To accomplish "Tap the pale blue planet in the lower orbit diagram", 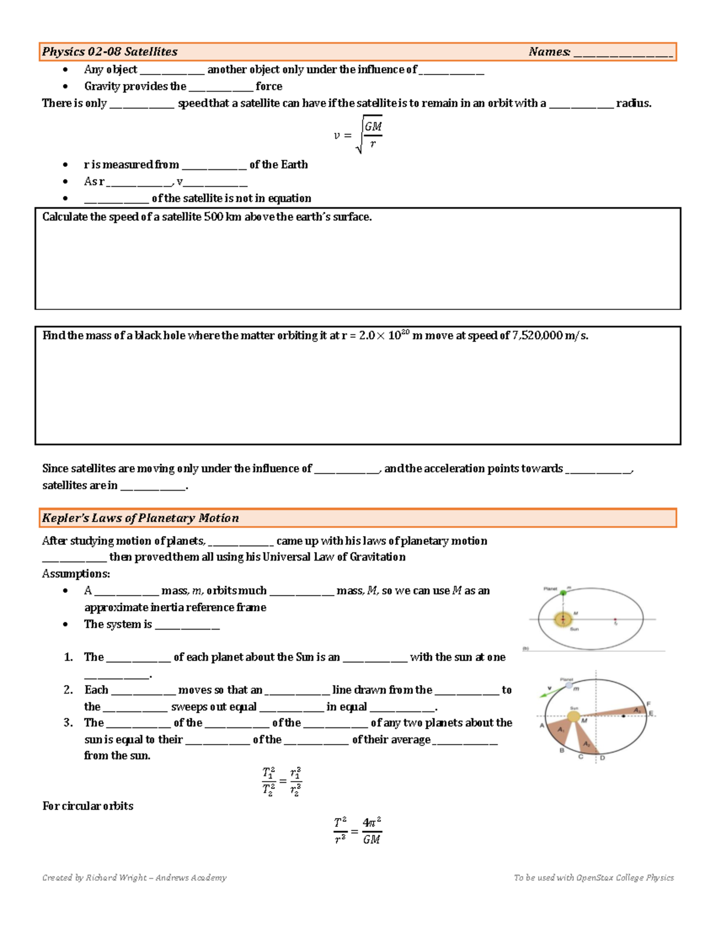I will pos(569,686).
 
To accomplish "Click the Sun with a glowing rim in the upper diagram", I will pos(562,620).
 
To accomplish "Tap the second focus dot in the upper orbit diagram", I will pos(616,620).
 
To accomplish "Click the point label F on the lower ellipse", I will pos(649,704).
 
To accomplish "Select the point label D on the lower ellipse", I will pos(602,758).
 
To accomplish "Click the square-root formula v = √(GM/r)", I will pos(358,135).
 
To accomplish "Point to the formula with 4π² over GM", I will pos(357,831).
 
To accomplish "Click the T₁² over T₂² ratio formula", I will pos(282,781).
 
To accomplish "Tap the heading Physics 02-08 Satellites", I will pos(110,52).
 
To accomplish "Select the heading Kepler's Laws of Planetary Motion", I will pos(140,518).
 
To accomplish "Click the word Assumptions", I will pos(76,574).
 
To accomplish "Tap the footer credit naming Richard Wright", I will pos(134,877).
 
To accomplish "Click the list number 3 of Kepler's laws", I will pos(68,723).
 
